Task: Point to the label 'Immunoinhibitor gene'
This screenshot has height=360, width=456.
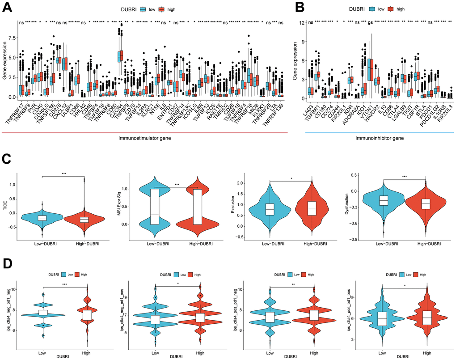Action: pyautogui.click(x=378, y=138)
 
